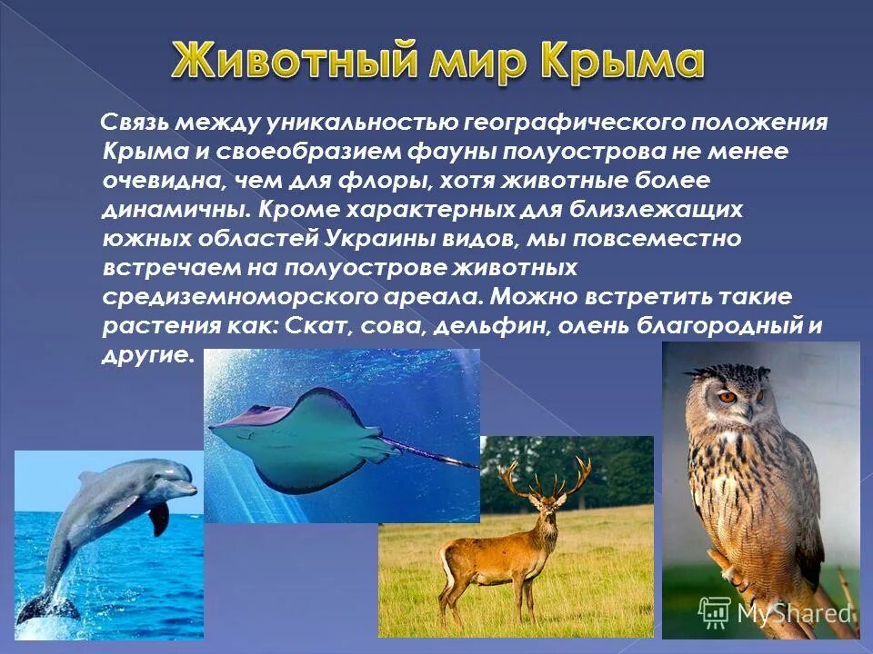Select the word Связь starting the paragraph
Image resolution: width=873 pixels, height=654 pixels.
(137, 123)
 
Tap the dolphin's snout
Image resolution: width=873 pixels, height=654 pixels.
(187, 488)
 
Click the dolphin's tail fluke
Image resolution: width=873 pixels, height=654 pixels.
(41, 607)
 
